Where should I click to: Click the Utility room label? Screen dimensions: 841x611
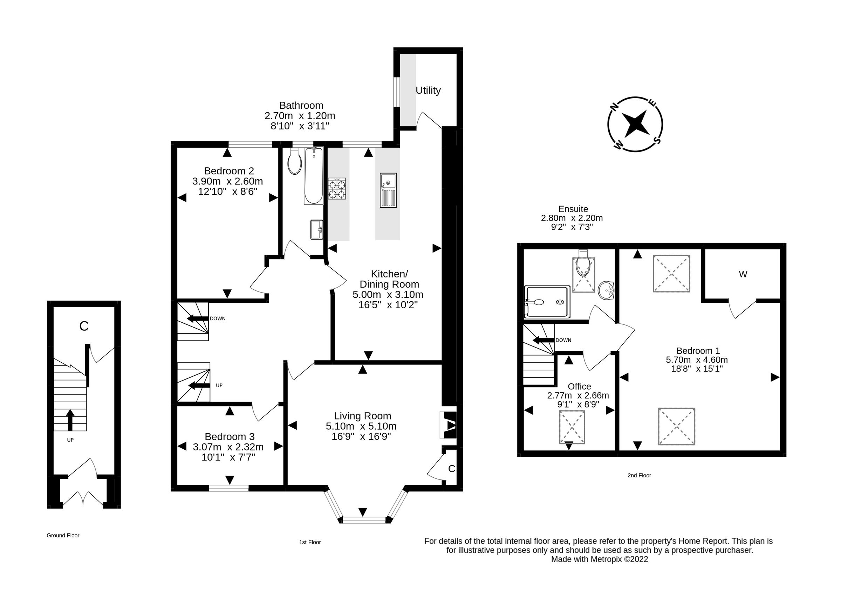(428, 90)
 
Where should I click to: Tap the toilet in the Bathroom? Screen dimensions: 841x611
(295, 161)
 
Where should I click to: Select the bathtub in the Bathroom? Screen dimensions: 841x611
(314, 176)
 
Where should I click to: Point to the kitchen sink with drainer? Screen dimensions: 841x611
(388, 190)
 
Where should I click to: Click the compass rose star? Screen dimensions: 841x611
(635, 124)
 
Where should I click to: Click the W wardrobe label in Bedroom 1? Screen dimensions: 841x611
(743, 274)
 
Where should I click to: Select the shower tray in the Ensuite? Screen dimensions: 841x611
(547, 302)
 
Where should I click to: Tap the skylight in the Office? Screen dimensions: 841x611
(572, 427)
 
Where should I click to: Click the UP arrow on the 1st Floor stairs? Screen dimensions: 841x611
(199, 386)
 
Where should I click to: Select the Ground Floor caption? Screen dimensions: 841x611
(63, 535)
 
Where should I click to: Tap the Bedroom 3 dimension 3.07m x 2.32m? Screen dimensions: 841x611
(228, 447)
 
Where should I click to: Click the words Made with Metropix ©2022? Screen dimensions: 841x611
(600, 559)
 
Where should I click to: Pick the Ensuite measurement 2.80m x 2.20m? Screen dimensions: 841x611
(572, 218)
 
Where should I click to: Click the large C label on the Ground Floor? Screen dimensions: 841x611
(84, 326)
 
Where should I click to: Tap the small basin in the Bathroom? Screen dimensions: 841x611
(317, 230)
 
